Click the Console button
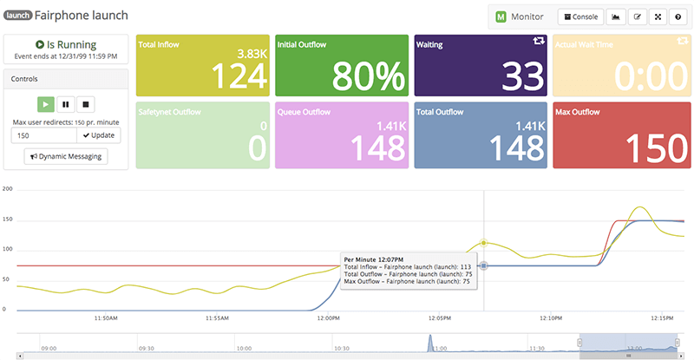580,16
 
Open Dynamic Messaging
66,156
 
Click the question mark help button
678,16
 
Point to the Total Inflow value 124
235,76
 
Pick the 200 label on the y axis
8,188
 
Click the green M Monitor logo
501,16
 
